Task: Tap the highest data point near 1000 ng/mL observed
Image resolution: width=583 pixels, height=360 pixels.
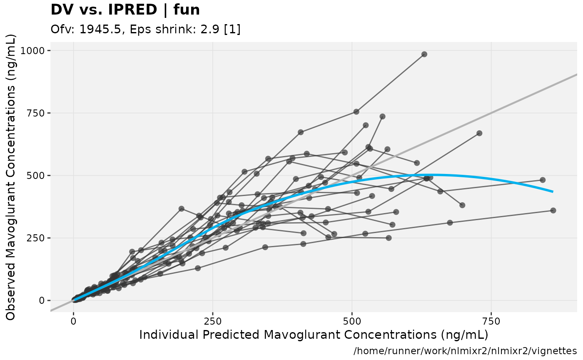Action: click(424, 54)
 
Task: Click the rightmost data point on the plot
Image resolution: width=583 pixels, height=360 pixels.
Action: click(553, 211)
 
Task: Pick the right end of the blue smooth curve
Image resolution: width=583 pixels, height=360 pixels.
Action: click(553, 191)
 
